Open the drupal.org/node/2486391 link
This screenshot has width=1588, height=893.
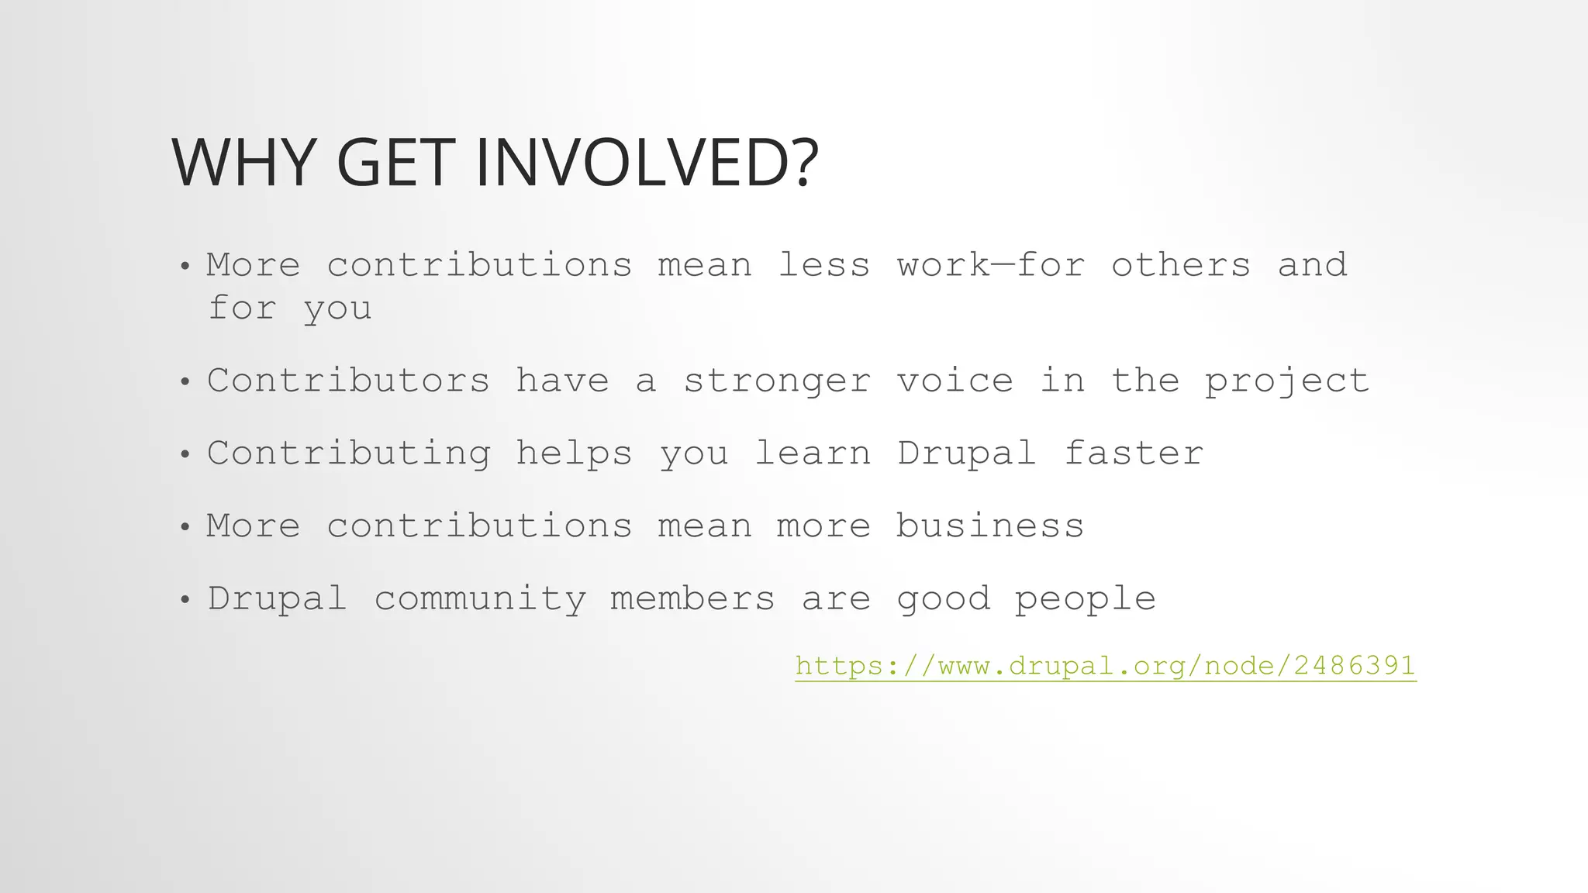(x=1106, y=666)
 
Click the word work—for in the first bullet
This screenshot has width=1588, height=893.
(x=991, y=266)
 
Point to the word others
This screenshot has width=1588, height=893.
(x=1181, y=266)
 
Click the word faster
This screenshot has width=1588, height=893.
(x=1134, y=453)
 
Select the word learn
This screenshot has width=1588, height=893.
(x=813, y=453)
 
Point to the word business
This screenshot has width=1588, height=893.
(x=990, y=526)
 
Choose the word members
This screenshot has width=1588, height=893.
(x=692, y=599)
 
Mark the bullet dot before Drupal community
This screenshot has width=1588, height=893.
(x=185, y=600)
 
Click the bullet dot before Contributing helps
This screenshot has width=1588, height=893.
(x=185, y=455)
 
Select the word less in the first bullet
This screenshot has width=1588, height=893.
(x=823, y=266)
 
